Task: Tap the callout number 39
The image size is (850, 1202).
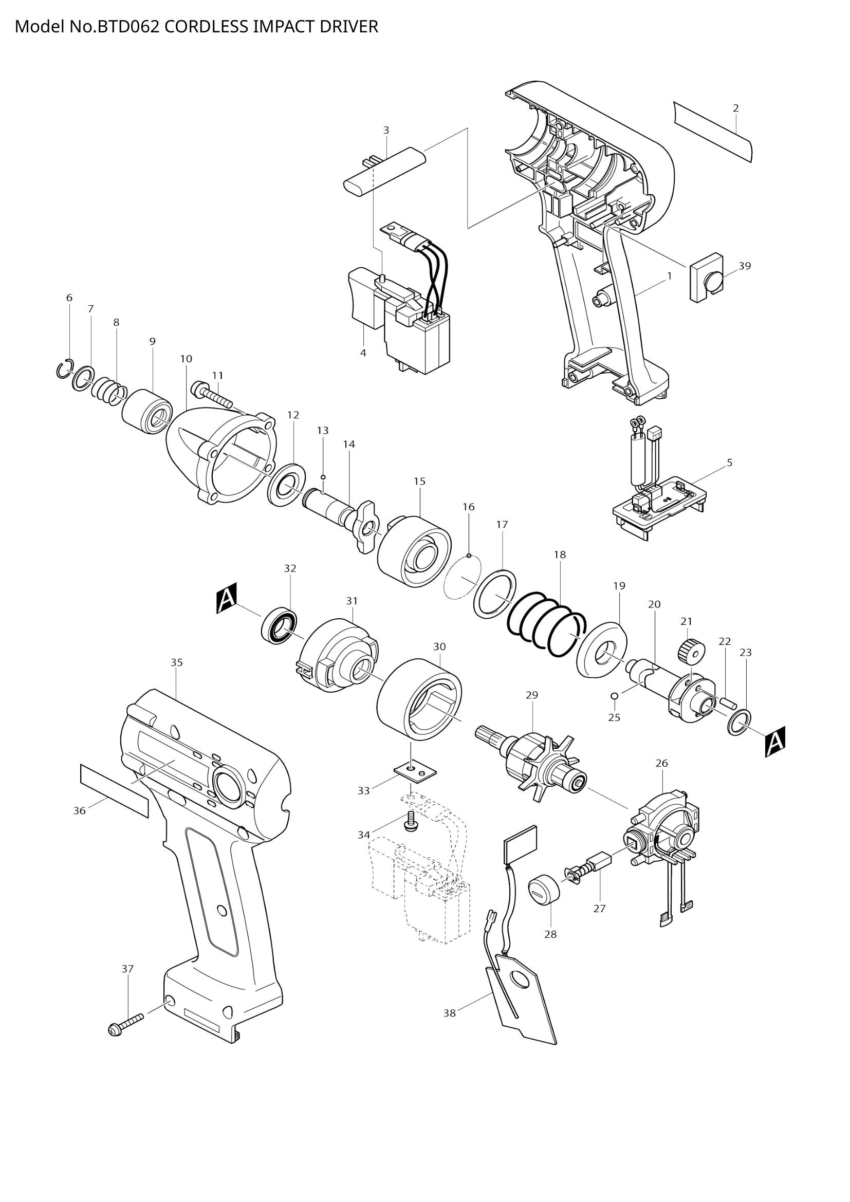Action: point(745,266)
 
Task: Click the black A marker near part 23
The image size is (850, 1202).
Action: point(775,742)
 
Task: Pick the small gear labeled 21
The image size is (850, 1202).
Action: point(691,652)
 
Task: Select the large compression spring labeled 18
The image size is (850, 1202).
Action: point(546,624)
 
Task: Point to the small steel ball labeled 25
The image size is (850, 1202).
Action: point(615,695)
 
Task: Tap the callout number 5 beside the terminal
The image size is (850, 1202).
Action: point(730,463)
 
